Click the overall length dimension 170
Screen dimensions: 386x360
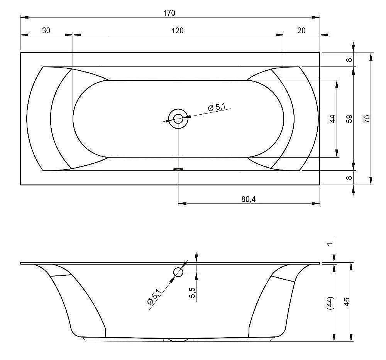point(169,13)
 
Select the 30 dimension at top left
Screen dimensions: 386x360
point(46,31)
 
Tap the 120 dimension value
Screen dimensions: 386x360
point(178,31)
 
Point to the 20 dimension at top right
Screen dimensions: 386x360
point(301,31)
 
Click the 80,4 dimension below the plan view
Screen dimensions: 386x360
point(248,199)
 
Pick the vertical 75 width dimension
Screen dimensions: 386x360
point(367,119)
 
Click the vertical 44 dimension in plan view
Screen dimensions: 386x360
point(332,119)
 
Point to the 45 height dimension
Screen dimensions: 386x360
point(346,302)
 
